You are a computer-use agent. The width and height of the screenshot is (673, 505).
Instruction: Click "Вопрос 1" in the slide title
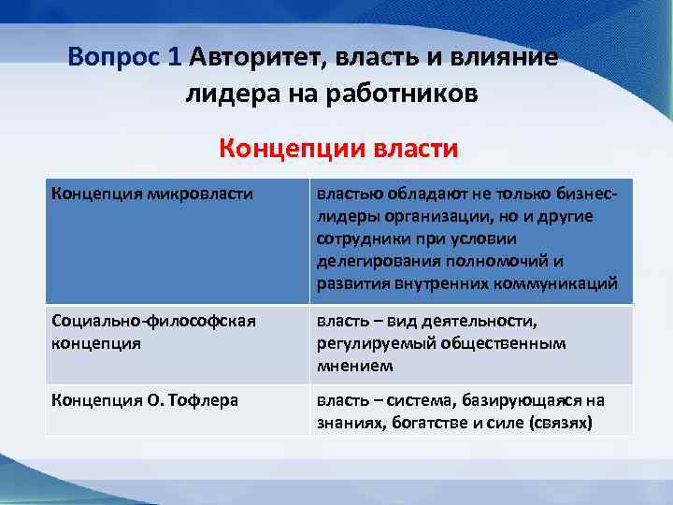point(124,57)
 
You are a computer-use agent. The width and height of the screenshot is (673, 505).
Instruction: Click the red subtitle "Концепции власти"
point(337,149)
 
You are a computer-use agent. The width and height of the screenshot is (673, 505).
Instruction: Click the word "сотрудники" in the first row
point(356,239)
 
